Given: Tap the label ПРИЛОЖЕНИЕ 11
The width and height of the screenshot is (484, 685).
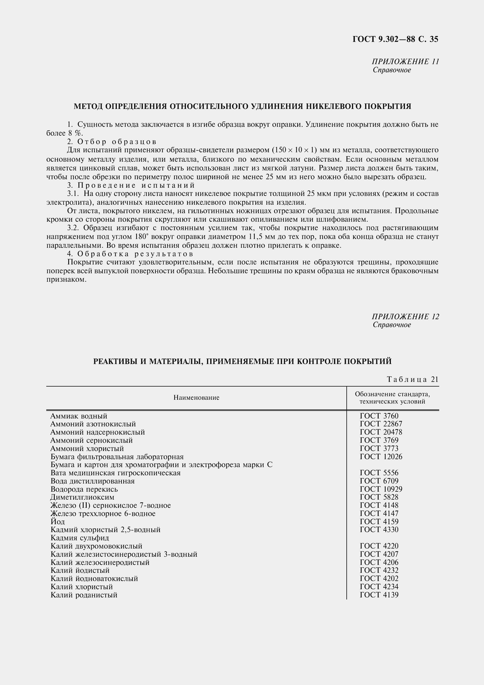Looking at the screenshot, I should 405,62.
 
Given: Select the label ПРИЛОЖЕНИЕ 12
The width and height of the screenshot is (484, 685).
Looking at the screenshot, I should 405,317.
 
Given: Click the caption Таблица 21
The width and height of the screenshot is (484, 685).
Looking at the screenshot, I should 413,379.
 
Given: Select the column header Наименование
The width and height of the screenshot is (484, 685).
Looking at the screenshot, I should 196,397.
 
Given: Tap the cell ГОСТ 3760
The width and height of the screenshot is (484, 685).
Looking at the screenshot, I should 379,416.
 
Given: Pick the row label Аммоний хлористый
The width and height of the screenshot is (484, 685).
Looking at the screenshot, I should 87,449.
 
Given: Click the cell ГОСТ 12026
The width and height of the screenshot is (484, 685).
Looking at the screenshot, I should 381,457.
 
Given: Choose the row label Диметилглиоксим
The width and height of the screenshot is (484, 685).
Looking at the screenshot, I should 82,497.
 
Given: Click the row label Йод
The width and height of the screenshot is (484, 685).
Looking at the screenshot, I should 58,522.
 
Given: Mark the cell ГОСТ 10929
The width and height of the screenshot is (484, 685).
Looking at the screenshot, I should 381,489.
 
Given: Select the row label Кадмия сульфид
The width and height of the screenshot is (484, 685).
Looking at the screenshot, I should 80,538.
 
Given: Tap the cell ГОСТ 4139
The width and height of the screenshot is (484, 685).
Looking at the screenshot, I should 379,595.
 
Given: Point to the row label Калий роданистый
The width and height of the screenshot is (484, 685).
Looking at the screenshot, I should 84,595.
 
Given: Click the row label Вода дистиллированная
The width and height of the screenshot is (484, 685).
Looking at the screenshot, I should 93,481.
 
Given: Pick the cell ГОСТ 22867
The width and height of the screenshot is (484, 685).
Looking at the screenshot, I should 381,424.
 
